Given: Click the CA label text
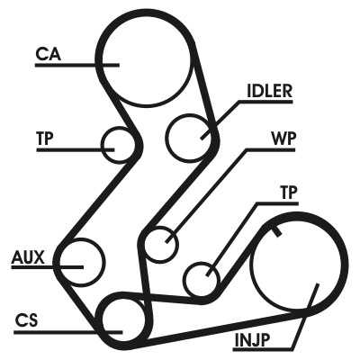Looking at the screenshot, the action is coord(49,54).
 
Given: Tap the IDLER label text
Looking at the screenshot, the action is coord(269,91).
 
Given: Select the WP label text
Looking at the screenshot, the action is coord(283,139).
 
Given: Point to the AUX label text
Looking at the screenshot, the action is coord(28,257).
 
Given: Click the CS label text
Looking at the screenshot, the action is coord(27,320).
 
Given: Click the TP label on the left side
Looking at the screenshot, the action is coord(45,139).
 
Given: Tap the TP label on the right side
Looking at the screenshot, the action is coord(288,193).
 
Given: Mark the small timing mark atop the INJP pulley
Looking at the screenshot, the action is coord(277,231).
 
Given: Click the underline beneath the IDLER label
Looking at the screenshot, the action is coord(265,102).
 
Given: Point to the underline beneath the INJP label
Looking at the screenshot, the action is coord(263,349).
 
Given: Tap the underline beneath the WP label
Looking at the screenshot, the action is coord(271,149).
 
